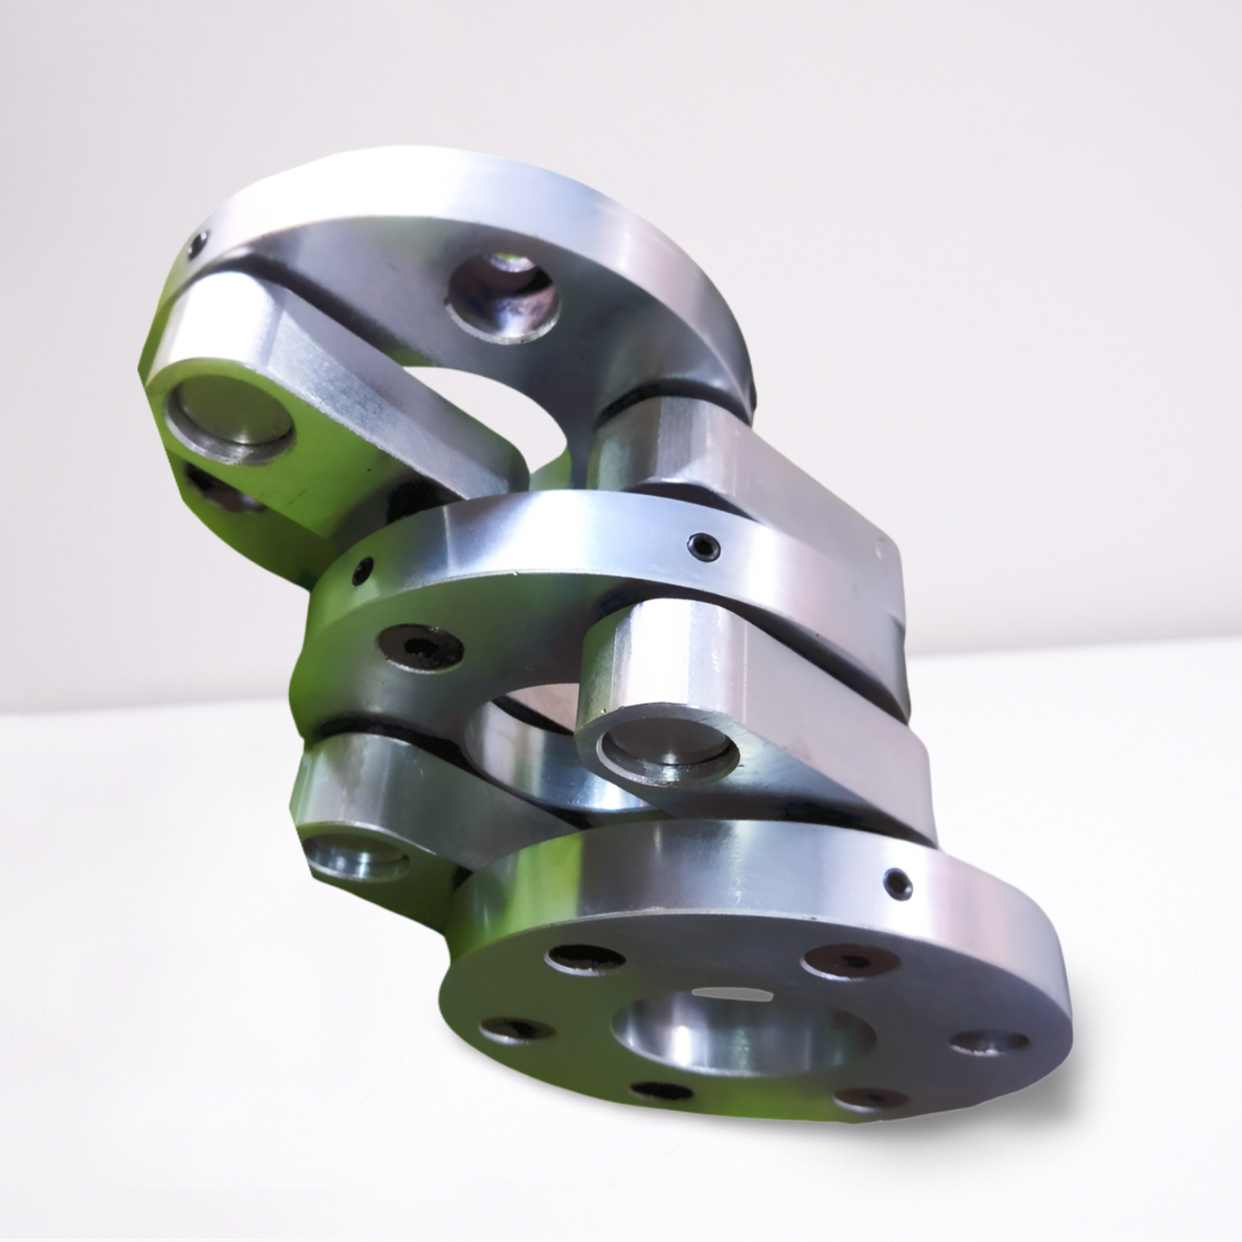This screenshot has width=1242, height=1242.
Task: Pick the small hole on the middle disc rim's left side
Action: tap(366, 569)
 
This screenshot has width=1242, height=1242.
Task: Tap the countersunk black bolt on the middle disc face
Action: tap(420, 647)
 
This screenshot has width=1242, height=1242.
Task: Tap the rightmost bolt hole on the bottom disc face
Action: tap(988, 1041)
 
